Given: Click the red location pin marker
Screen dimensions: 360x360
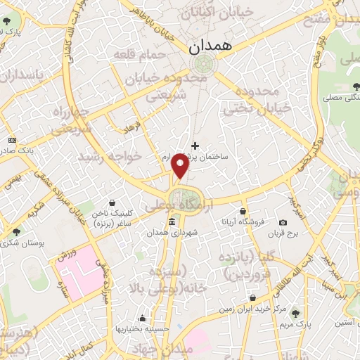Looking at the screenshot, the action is [x=181, y=166].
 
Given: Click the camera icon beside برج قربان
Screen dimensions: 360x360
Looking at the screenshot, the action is [x=282, y=222].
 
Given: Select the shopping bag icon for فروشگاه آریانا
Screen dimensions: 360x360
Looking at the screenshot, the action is [x=243, y=211].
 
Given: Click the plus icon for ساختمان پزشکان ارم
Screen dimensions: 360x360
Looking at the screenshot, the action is [x=195, y=146].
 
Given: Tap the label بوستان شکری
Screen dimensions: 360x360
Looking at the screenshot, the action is [x=41, y=242].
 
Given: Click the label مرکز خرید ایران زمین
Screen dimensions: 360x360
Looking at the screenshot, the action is [x=250, y=309].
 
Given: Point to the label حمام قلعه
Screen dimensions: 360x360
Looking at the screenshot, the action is [x=147, y=54].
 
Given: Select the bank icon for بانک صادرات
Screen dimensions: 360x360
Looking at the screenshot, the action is [x=12, y=141].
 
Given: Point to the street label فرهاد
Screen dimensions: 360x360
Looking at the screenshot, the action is [x=132, y=127].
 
